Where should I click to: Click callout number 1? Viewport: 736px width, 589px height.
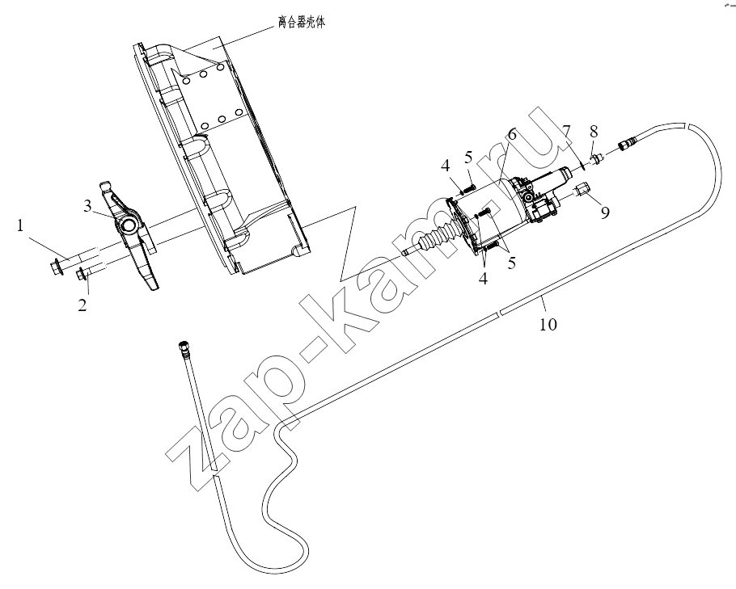[x=19, y=226]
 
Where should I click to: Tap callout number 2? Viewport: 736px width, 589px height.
[x=82, y=305]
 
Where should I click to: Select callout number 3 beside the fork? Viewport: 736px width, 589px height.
[x=88, y=206]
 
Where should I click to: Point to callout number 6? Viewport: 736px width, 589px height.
[x=511, y=134]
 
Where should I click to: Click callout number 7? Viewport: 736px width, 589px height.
[x=566, y=132]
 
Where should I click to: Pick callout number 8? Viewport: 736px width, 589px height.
[x=594, y=132]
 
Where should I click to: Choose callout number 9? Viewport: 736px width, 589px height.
[x=605, y=212]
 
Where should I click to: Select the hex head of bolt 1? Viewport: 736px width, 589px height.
[x=54, y=267]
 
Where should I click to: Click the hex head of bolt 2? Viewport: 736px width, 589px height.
[x=81, y=273]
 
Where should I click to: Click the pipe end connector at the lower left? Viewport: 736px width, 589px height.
[x=183, y=348]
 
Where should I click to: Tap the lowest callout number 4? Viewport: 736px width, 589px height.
[x=483, y=279]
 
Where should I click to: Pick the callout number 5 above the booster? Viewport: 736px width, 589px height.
[x=468, y=158]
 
